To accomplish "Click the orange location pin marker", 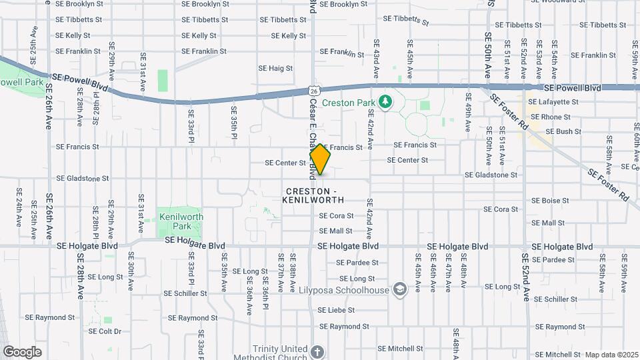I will tap(320, 159).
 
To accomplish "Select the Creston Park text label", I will tap(349, 103).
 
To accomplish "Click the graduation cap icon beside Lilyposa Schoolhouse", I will tap(399, 289).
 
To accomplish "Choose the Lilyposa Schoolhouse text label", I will tap(354, 289).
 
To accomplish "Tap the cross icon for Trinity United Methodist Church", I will tap(317, 352).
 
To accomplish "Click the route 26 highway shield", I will tap(313, 89).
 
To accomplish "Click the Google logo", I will tap(22, 352).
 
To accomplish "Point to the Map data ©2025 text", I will tap(611, 355).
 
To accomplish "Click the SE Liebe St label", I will tap(336, 310).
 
